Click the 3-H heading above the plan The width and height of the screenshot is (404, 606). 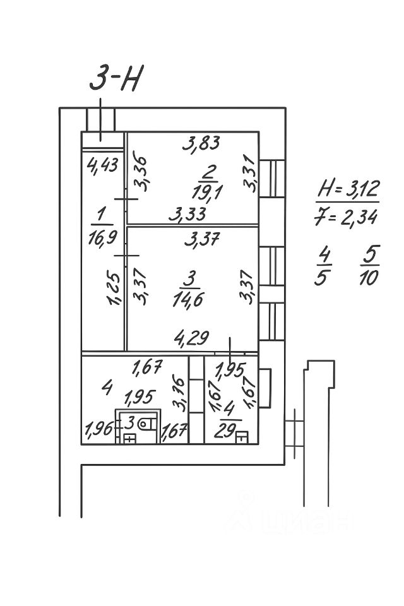pyautogui.click(x=117, y=79)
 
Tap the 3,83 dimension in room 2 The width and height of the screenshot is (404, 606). pyautogui.click(x=201, y=145)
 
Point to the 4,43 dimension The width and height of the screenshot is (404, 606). pyautogui.click(x=102, y=166)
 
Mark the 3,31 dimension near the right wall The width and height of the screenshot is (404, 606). pyautogui.click(x=251, y=175)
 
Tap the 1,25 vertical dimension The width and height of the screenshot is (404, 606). pyautogui.click(x=114, y=289)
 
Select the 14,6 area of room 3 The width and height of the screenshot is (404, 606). pyautogui.click(x=187, y=297)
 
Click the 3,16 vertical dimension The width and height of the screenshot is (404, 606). pyautogui.click(x=179, y=392)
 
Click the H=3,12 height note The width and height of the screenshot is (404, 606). pyautogui.click(x=347, y=189)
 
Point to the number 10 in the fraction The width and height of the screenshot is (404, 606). pyautogui.click(x=368, y=277)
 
